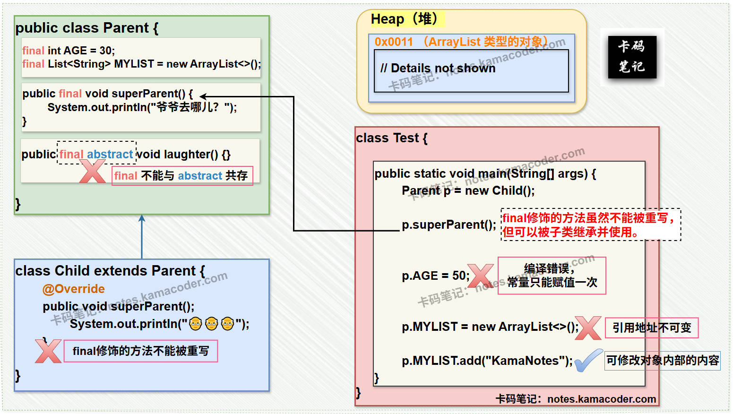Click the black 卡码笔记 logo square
632,57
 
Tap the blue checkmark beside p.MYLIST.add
588,361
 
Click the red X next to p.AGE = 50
480,276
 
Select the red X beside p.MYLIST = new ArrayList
588,328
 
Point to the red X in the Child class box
48,351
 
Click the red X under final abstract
92,172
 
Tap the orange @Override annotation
74,289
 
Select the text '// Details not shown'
438,69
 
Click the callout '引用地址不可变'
652,328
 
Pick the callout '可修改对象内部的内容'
663,361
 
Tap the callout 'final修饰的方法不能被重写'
140,351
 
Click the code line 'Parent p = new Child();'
468,190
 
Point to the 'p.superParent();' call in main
448,225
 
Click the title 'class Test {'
391,138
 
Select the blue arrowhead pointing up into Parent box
142,218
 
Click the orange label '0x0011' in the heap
394,42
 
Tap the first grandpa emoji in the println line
196,324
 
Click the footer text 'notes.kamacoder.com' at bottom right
601,399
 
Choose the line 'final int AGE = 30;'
69,51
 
